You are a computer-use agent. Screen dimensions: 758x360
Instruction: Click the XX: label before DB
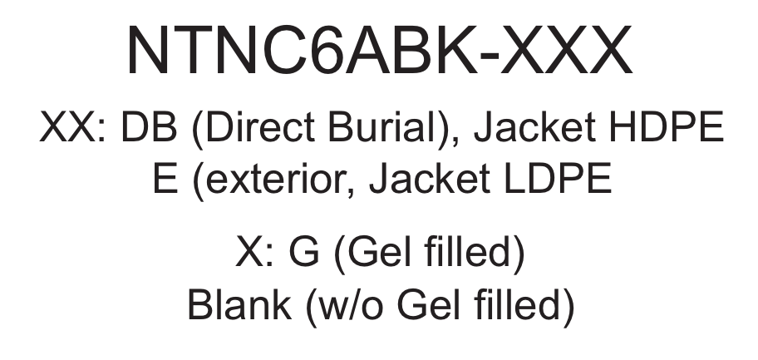tap(73, 126)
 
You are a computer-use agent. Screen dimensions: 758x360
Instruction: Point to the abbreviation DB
tap(149, 126)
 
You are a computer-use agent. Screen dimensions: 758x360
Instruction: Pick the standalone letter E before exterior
tap(165, 179)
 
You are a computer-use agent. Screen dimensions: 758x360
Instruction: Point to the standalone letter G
tap(304, 251)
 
